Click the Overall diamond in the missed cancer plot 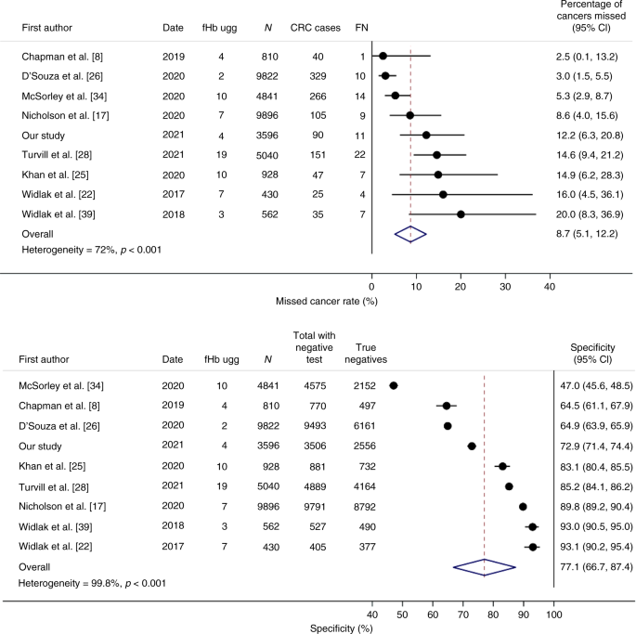409,235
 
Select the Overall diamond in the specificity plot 484,591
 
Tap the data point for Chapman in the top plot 383,56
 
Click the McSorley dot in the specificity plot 394,385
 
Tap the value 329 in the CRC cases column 318,74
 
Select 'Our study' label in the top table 45,135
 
